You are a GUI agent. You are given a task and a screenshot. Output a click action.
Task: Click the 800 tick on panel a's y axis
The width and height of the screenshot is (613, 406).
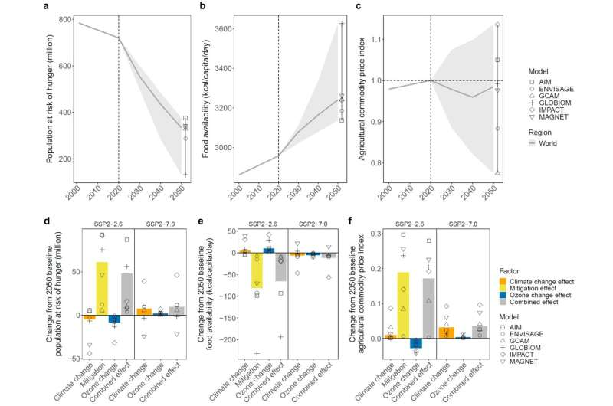(x=61, y=18)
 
